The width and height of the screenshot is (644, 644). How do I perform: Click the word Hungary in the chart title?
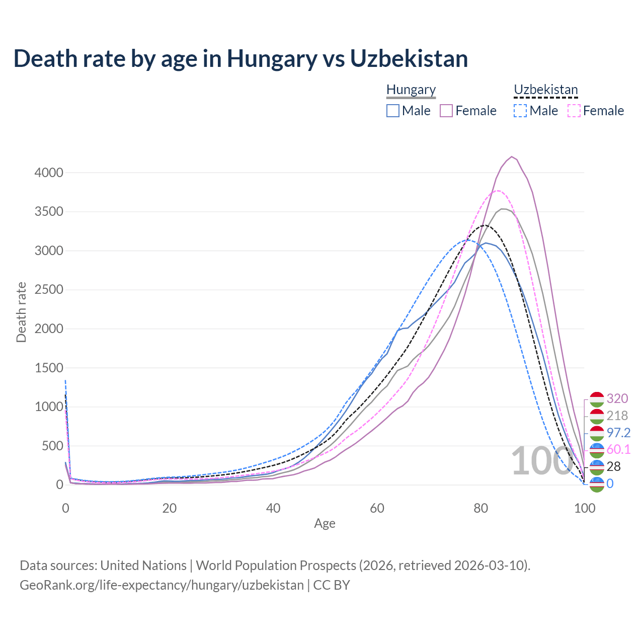click(x=272, y=58)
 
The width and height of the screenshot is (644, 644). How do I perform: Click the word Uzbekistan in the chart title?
click(x=409, y=58)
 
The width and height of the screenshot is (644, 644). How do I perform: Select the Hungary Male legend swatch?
click(x=393, y=111)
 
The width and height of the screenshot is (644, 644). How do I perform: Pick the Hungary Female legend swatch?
click(x=447, y=111)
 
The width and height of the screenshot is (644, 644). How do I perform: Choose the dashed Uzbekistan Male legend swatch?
click(x=520, y=111)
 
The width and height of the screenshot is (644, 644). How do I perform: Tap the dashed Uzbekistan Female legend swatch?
click(x=574, y=111)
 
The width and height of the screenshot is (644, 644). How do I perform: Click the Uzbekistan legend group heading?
click(x=546, y=90)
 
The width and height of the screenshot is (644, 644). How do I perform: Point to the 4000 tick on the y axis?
click(x=49, y=173)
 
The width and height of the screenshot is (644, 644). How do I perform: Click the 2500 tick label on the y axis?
click(x=49, y=290)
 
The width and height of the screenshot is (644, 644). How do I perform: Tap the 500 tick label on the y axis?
click(x=52, y=446)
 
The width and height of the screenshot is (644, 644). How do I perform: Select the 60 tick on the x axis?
click(x=377, y=508)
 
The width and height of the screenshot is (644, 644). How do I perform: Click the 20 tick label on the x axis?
click(x=169, y=508)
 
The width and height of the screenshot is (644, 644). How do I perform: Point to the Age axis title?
click(x=325, y=524)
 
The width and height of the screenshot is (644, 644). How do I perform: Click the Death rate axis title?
click(x=21, y=312)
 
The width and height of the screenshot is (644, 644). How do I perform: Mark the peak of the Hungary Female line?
click(x=512, y=156)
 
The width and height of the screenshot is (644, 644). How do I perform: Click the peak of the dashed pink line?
click(x=498, y=191)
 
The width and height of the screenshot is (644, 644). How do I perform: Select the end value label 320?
click(x=617, y=398)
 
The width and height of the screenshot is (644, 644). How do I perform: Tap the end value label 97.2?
click(x=618, y=433)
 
